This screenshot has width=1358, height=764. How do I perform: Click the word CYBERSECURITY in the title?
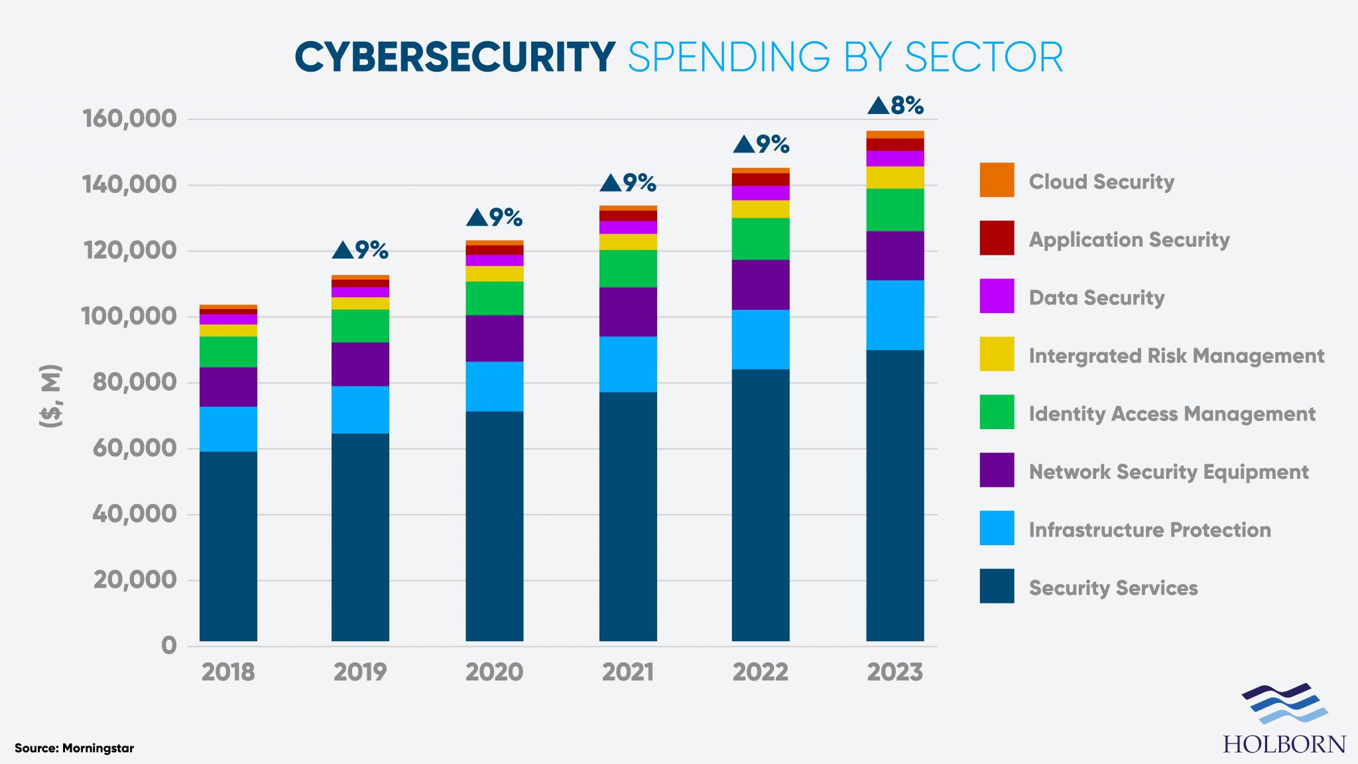point(455,57)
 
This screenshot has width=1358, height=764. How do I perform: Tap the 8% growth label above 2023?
point(896,105)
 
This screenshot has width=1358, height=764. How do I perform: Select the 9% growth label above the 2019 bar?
point(360,250)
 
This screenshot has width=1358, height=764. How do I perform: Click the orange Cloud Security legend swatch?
point(997,180)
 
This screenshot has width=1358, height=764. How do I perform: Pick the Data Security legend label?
point(1096,298)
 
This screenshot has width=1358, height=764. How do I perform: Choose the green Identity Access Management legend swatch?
point(997,412)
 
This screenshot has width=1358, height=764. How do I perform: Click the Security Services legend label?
point(1113,588)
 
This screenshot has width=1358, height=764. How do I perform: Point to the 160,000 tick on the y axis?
point(130,119)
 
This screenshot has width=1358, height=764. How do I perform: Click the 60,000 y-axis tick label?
point(135,448)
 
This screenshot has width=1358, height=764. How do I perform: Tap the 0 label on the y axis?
point(169,645)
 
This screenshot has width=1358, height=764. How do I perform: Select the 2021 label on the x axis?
point(627,672)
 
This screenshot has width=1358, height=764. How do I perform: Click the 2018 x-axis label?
point(228,672)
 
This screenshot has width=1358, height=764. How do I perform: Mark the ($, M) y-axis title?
point(51,395)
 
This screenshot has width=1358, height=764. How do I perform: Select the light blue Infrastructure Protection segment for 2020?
point(494,386)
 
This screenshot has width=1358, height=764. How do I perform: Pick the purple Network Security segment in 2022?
point(761,285)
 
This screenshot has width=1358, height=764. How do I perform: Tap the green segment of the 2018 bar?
point(228,351)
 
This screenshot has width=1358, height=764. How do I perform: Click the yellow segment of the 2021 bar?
point(627,241)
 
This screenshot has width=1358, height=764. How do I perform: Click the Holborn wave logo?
point(1284,704)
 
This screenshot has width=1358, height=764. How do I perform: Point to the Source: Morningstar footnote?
point(74,748)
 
